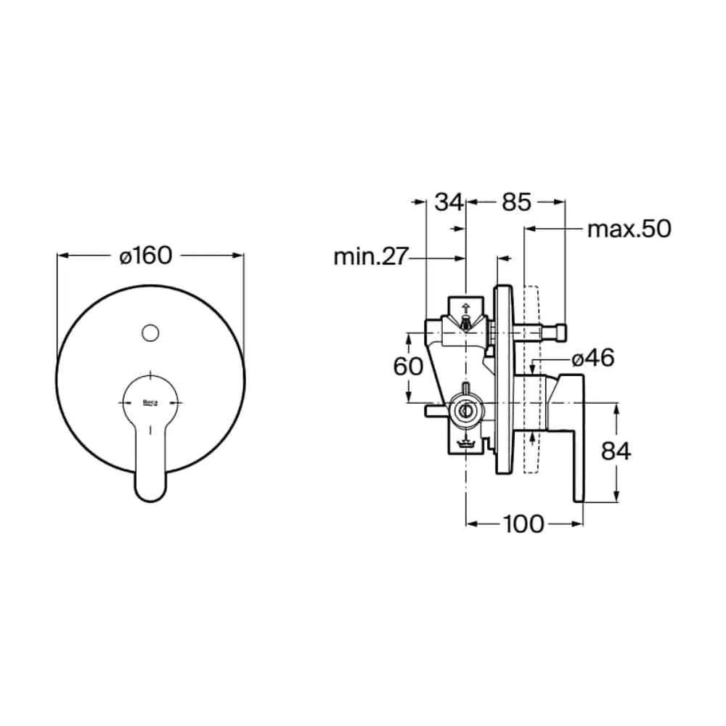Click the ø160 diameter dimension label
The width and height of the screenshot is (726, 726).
(x=146, y=255)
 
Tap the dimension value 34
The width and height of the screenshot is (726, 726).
(x=448, y=202)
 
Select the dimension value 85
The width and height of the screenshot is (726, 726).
(x=516, y=202)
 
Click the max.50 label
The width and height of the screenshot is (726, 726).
(x=629, y=229)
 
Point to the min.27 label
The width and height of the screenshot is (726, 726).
(x=370, y=256)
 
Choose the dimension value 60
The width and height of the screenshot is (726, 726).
(x=408, y=367)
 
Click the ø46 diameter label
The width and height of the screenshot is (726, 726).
(x=593, y=358)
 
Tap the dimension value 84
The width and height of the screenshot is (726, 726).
(x=616, y=451)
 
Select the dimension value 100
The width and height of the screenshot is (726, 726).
(x=523, y=523)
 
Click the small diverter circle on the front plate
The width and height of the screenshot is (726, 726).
(x=150, y=333)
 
